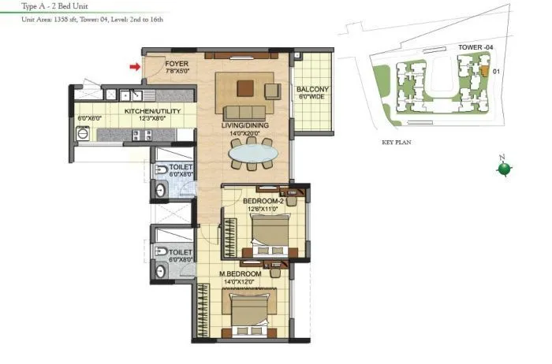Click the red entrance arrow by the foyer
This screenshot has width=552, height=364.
[135, 67]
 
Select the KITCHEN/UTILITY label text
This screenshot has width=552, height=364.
[152, 111]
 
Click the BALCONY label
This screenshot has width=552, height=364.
[313, 90]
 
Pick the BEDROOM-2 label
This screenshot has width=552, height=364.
[261, 201]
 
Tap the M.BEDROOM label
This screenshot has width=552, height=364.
[240, 273]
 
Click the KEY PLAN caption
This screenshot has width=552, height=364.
[397, 143]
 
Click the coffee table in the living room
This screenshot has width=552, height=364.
[247, 87]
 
